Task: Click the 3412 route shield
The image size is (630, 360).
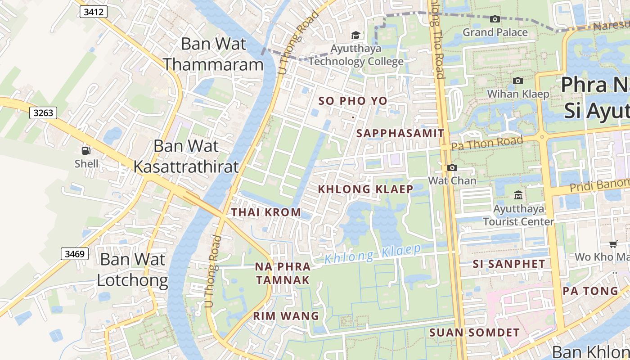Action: (x=94, y=12)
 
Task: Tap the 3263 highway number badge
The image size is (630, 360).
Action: (x=43, y=113)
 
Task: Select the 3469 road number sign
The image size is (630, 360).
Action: (x=75, y=254)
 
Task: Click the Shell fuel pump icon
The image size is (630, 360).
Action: (x=86, y=151)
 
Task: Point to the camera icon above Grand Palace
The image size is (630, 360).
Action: (x=495, y=19)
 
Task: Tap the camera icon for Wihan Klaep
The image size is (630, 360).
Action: (x=518, y=81)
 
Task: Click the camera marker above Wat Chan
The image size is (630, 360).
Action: (x=452, y=168)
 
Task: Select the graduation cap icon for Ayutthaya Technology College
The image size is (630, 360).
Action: (x=355, y=35)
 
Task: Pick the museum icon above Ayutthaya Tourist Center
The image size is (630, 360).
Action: (x=518, y=195)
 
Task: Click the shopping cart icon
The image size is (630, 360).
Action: (x=613, y=244)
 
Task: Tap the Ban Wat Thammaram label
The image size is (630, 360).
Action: (x=213, y=54)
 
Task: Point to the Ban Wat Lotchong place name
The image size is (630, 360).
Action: (x=132, y=270)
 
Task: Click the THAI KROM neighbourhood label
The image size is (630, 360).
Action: (x=266, y=212)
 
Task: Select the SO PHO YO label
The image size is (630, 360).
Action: (x=353, y=101)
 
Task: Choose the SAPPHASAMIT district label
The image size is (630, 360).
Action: (x=400, y=134)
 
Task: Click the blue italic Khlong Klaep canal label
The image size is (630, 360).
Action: (x=373, y=254)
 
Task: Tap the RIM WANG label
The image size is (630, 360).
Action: (x=286, y=316)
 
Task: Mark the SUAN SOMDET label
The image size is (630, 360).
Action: (x=474, y=333)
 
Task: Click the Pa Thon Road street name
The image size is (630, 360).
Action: (x=487, y=143)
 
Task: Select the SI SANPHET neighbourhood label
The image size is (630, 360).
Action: (x=509, y=264)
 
